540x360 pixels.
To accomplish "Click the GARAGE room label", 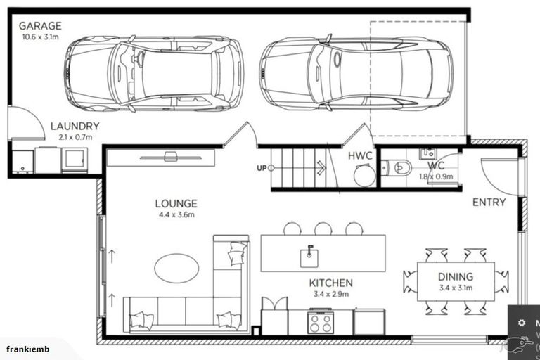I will pyautogui.click(x=40, y=26).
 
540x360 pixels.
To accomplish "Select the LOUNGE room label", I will pyautogui.click(x=176, y=204).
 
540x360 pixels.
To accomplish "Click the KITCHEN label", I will pyautogui.click(x=330, y=283).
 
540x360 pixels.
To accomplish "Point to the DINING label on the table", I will pyautogui.click(x=455, y=277).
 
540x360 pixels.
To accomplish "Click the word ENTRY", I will pyautogui.click(x=489, y=202).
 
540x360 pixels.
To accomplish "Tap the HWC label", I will pyautogui.click(x=361, y=156).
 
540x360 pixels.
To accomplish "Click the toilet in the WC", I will pyautogui.click(x=400, y=167).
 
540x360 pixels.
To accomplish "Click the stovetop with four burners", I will pyautogui.click(x=321, y=322).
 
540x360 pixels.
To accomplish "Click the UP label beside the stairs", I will pyautogui.click(x=262, y=168).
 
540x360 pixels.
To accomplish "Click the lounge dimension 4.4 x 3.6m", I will pyautogui.click(x=176, y=215).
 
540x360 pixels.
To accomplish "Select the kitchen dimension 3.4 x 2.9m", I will pyautogui.click(x=330, y=294).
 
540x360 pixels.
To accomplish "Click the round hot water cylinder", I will pyautogui.click(x=364, y=176).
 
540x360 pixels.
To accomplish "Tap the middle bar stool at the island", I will pyautogui.click(x=323, y=228).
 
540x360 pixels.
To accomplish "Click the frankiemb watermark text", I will pyautogui.click(x=25, y=349).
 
